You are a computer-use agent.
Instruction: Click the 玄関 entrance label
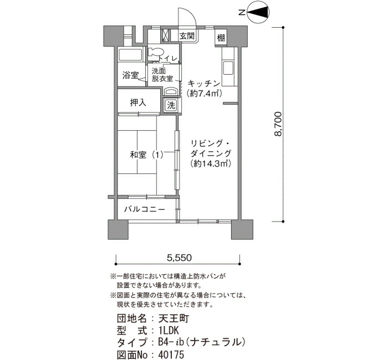point(187,36)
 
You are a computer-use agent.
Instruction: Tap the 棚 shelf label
point(221,38)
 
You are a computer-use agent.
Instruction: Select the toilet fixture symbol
point(156,53)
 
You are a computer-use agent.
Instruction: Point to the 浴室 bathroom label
point(130,75)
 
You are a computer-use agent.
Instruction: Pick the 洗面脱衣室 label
point(162,75)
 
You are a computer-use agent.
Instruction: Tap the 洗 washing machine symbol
point(171,106)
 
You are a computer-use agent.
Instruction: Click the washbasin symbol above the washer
point(171,91)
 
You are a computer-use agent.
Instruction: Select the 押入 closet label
point(138,102)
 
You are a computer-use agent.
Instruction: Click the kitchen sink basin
point(228,68)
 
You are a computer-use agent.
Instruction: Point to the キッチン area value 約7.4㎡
point(203,94)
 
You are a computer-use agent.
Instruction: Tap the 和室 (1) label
point(146,155)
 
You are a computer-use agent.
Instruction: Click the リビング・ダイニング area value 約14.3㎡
point(211,164)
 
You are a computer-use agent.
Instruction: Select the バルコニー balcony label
point(144,210)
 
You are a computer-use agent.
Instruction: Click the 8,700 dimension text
point(278,124)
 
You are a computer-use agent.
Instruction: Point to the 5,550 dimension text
point(179,258)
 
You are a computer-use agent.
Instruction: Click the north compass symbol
point(258,12)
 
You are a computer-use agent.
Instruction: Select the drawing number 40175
point(171,355)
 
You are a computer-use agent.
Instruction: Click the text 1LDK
point(169,331)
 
